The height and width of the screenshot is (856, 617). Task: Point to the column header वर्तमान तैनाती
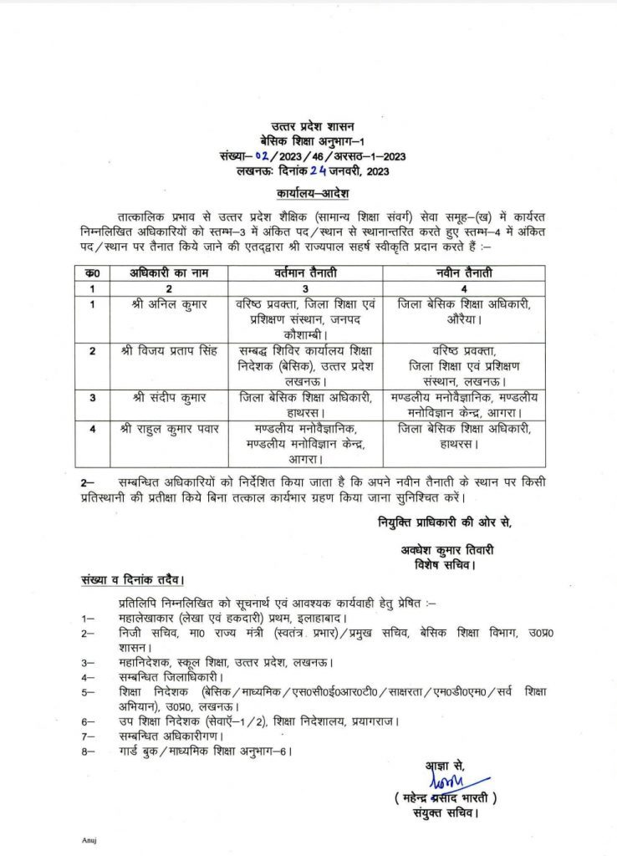tap(302, 273)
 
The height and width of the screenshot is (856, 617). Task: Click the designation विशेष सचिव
tap(445, 563)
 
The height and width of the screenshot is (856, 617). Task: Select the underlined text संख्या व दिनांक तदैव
tap(132, 579)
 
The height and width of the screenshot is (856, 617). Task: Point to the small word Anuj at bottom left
tap(89, 838)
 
